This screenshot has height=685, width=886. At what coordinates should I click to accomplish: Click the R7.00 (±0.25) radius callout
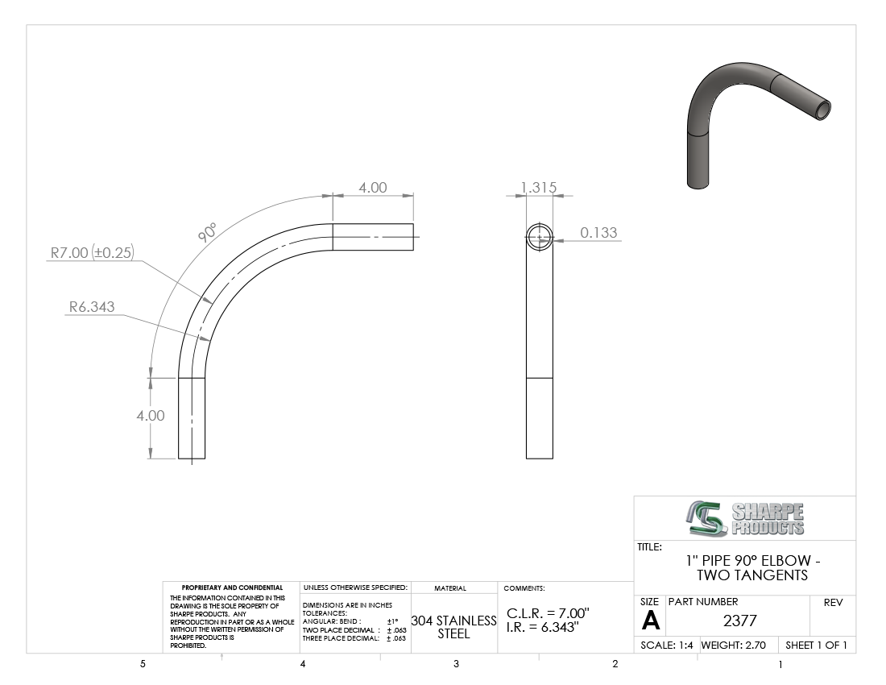(x=92, y=252)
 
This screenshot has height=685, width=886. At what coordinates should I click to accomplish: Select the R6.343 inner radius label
(x=92, y=306)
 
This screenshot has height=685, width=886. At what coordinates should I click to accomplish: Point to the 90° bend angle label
(x=207, y=232)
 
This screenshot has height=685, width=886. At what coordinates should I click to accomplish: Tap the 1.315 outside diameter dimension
(x=539, y=187)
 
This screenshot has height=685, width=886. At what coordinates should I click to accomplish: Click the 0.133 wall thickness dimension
(x=598, y=232)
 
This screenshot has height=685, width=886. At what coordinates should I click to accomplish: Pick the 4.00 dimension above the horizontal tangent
(x=373, y=188)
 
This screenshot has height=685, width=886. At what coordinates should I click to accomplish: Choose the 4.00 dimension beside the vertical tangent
(x=151, y=415)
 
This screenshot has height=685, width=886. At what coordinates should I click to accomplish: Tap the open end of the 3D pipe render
(x=822, y=109)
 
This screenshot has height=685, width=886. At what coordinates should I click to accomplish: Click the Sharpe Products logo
(x=746, y=518)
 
